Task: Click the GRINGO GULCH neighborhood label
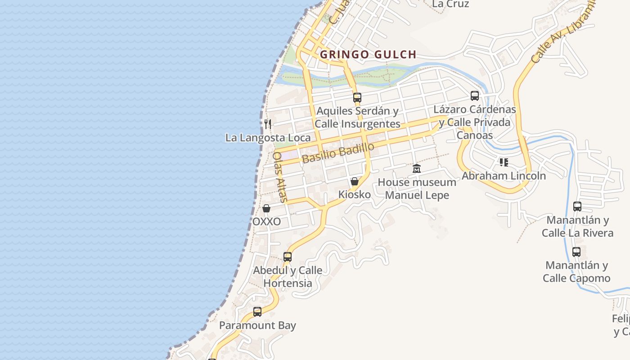pos(368,55)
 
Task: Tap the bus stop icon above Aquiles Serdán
pos(357,97)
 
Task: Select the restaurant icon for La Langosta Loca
pos(268,124)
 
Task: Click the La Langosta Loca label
pos(268,138)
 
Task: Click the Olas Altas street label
pos(279,177)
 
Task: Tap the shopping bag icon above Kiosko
pos(355,181)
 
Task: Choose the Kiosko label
pos(355,195)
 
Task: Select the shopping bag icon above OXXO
pos(266,208)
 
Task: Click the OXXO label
pos(266,222)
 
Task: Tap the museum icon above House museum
pos(417,169)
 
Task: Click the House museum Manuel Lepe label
pos(417,189)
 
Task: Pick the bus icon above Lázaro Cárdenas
pos(475,95)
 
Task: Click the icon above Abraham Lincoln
pos(504,162)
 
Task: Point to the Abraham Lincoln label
pos(504,176)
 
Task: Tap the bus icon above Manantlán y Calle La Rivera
pos(577,207)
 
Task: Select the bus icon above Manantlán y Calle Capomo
pos(576,252)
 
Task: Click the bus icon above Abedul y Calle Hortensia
pos(288,257)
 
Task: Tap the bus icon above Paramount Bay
pos(257,311)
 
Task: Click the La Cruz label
pos(450,4)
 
